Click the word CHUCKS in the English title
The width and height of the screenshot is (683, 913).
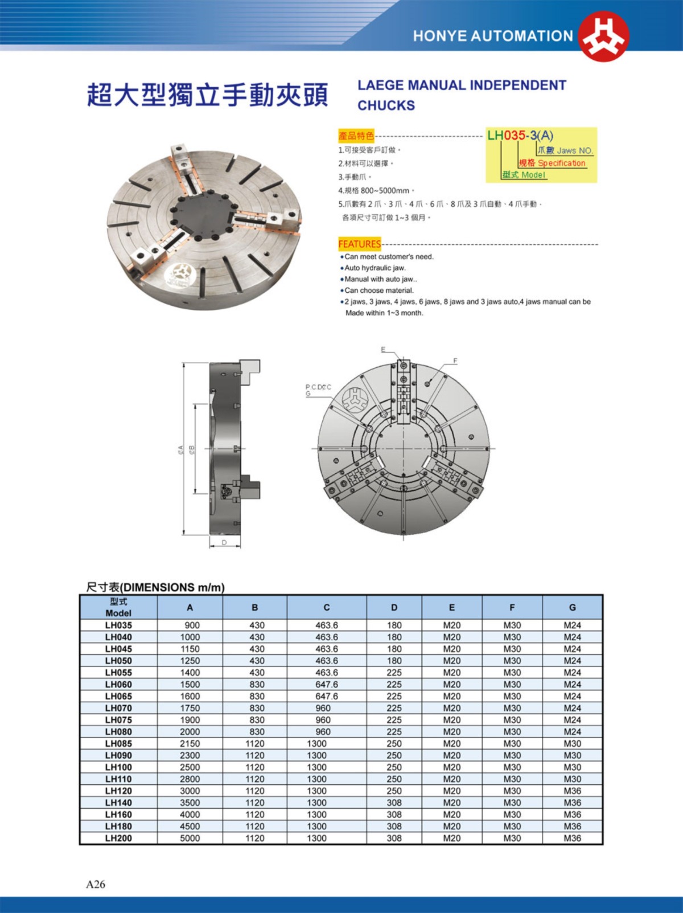(386, 105)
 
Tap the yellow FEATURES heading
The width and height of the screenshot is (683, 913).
(359, 244)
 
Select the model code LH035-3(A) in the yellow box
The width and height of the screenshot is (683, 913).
(520, 136)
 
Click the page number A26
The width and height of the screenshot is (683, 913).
(96, 884)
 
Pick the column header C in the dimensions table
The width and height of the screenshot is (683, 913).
(326, 607)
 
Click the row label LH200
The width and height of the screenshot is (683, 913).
(118, 838)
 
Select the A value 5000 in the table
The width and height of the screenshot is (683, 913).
(190, 838)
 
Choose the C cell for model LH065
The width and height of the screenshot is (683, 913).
(326, 696)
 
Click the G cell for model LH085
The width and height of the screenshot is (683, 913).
(572, 743)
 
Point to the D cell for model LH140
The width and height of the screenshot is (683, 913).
(394, 803)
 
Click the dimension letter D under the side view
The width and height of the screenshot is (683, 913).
(224, 542)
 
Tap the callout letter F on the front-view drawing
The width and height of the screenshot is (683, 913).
(455, 361)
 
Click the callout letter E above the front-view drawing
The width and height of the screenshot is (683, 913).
(383, 349)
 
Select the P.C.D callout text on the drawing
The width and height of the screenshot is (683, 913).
(318, 387)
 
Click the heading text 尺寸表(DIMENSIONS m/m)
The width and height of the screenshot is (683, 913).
(155, 587)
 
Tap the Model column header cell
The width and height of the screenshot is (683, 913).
(118, 607)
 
